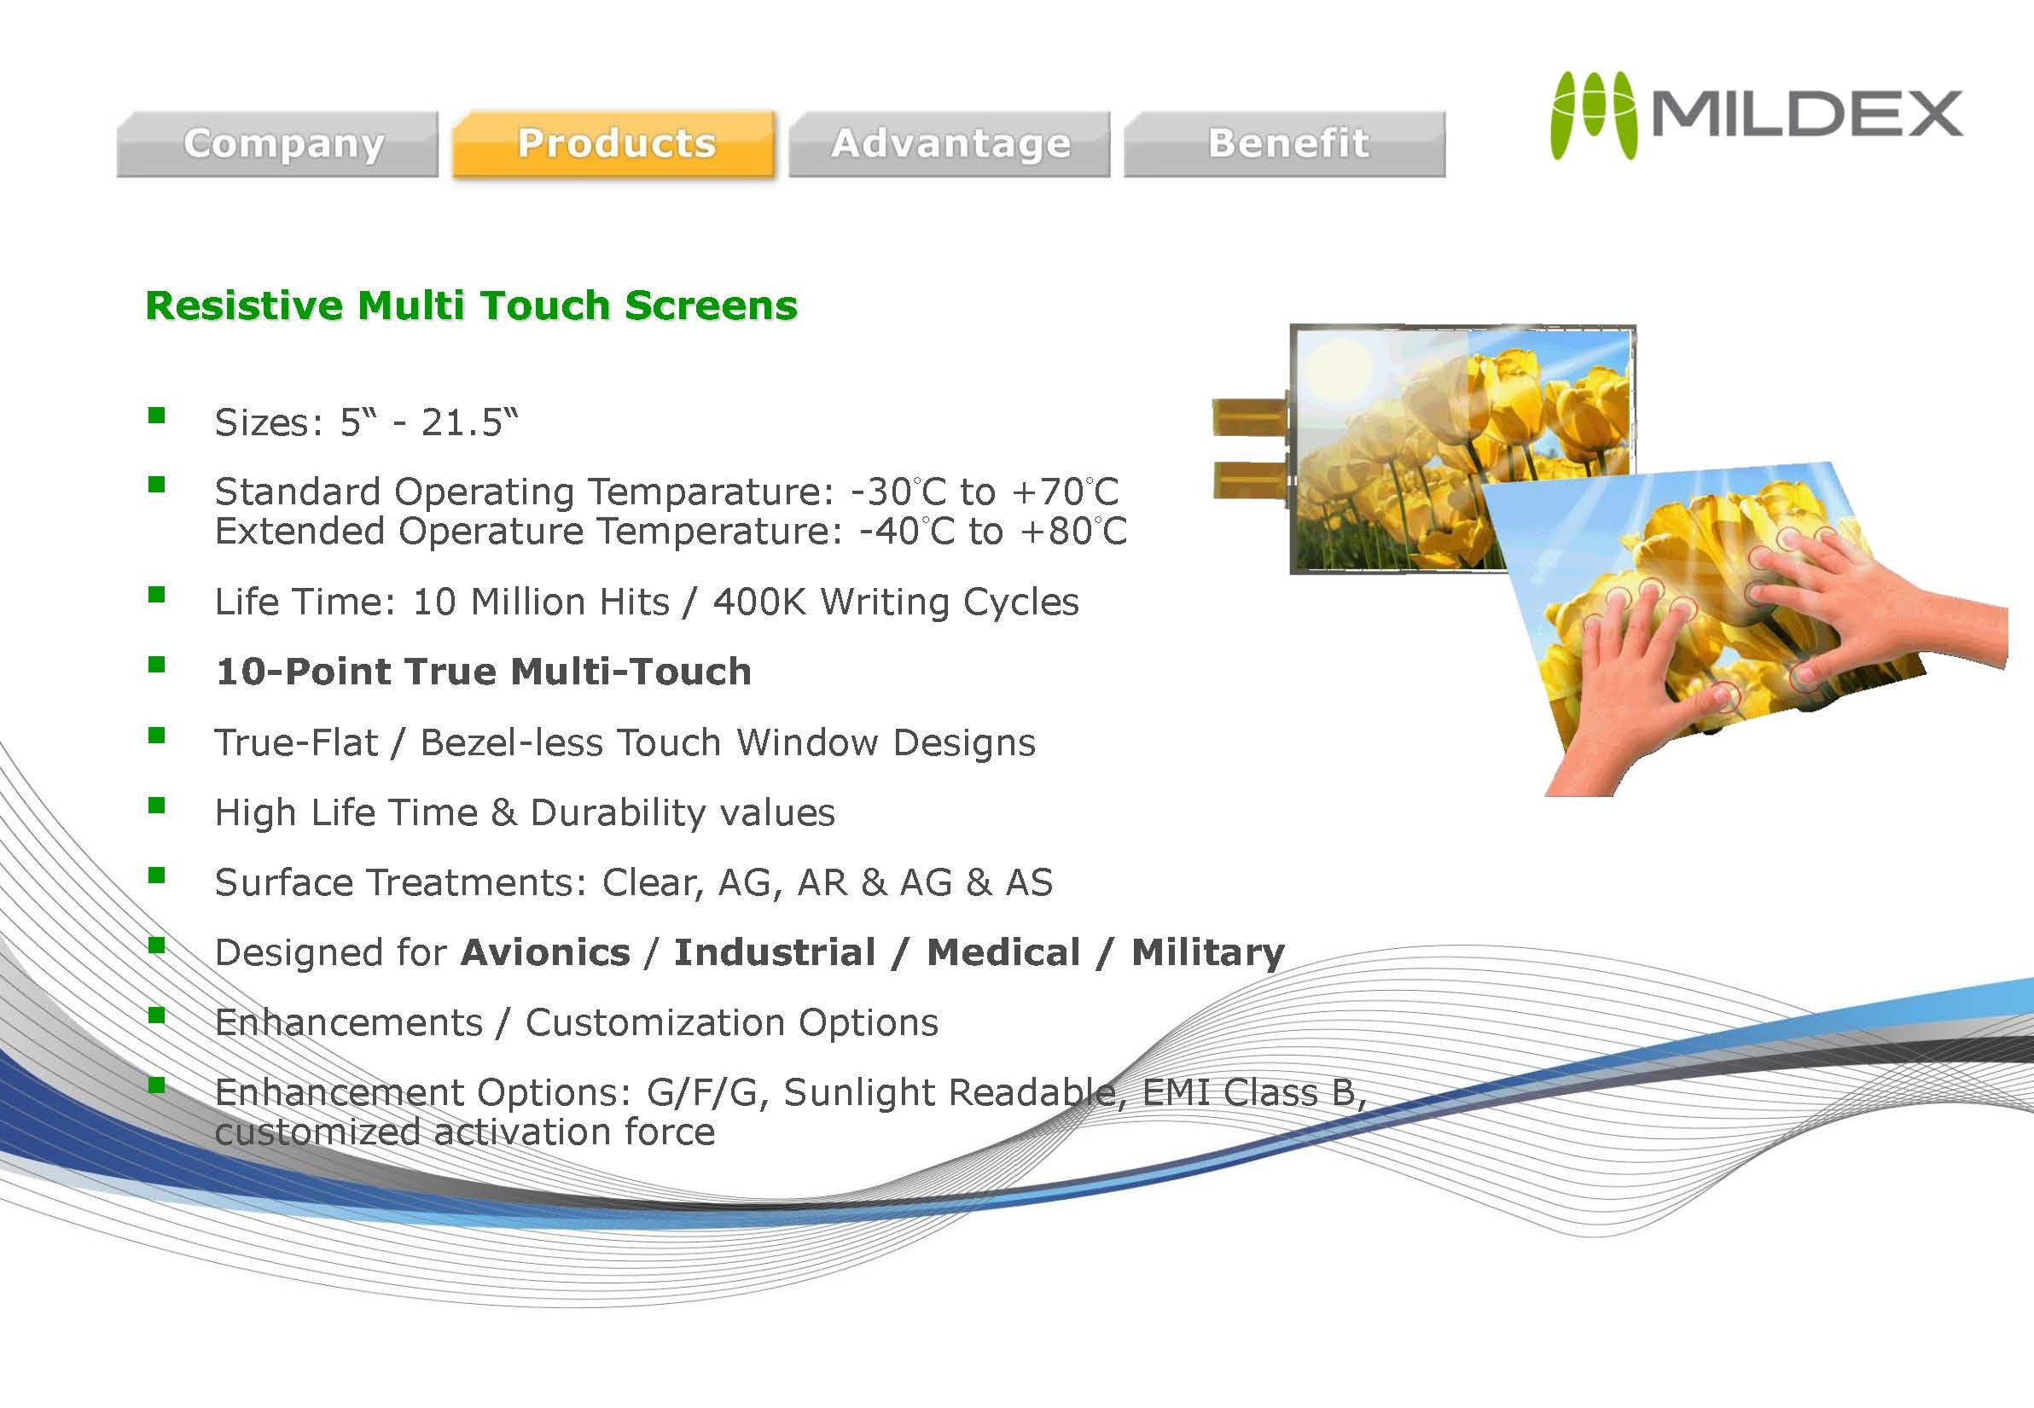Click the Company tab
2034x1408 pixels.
[x=277, y=144]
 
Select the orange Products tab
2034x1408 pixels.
[x=614, y=144]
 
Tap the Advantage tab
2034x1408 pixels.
[x=949, y=144]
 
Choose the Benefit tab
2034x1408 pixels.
[x=1284, y=144]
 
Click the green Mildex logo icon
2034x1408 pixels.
[x=1593, y=115]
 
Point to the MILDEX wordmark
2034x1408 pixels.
[x=1805, y=115]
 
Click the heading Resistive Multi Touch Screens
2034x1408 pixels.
[x=471, y=305]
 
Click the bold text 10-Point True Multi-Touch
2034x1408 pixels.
[x=484, y=672]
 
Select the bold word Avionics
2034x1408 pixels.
[x=546, y=953]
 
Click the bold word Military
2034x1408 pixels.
[x=1207, y=953]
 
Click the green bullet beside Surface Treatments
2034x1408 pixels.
[x=157, y=876]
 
